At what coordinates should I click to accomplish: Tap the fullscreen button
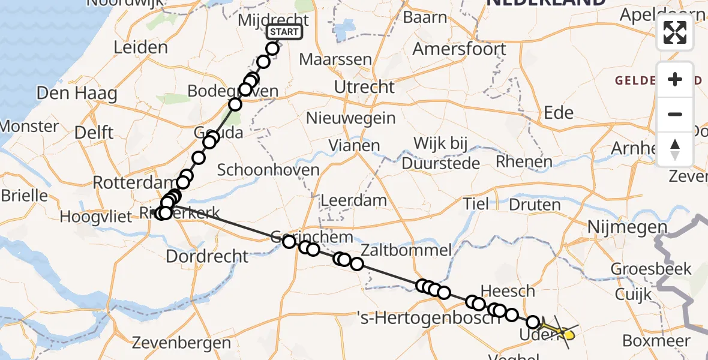pos(675,32)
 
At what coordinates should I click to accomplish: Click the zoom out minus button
pos(675,114)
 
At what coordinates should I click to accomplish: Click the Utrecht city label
pos(364,87)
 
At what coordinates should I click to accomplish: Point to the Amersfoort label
pos(460,49)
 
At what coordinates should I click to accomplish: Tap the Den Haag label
pos(77,93)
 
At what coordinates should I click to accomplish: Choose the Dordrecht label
pos(206,256)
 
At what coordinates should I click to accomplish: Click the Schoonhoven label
pos(268,170)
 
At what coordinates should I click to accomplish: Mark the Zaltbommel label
pos(406,250)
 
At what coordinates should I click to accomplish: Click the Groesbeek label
pos(650,269)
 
